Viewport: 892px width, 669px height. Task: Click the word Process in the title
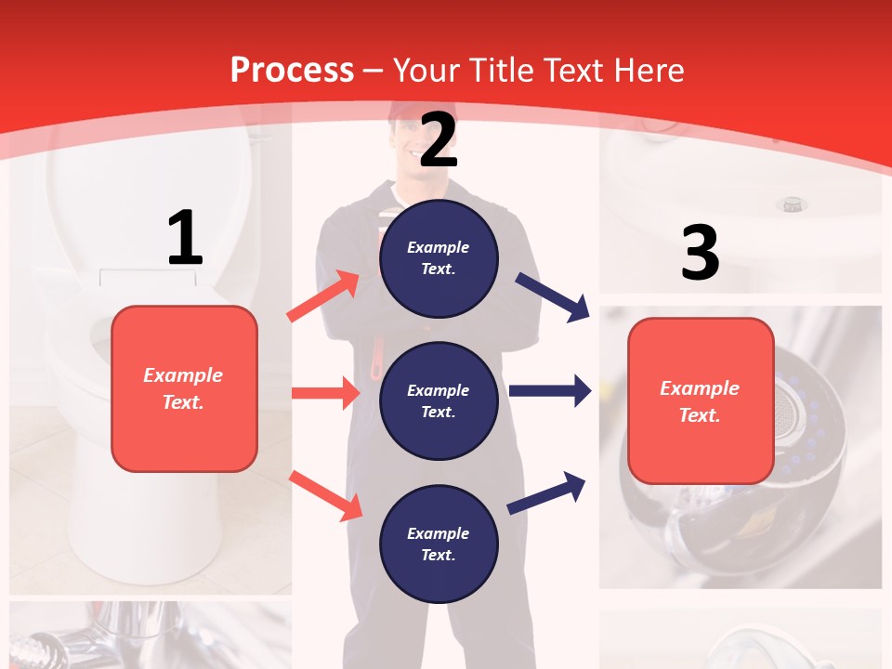pos(292,71)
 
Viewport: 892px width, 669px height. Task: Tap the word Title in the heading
pos(504,71)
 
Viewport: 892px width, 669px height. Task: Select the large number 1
pos(184,238)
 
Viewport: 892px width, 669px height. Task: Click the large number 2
pos(439,139)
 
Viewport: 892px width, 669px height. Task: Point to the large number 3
pos(700,253)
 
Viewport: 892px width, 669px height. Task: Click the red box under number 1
pos(184,388)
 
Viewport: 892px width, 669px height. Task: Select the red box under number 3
pos(701,400)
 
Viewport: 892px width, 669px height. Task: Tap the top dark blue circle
pos(439,258)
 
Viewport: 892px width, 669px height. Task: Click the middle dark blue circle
pos(439,400)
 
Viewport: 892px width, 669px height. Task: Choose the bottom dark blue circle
pos(439,544)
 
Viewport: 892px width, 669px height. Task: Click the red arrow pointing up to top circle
pos(323,296)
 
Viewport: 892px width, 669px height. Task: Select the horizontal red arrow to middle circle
pos(325,393)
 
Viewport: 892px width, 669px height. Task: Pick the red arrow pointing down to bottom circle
pos(326,495)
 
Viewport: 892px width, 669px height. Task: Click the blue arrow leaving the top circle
pos(554,296)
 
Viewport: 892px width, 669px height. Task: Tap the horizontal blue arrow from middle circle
pos(550,391)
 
